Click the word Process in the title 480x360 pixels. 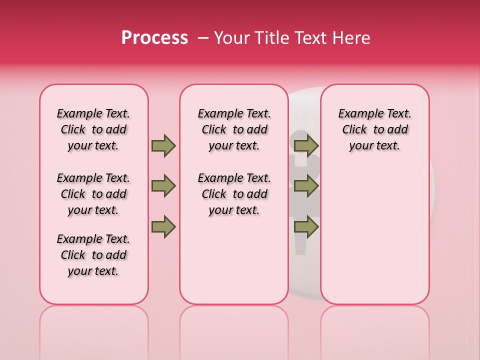[x=154, y=38]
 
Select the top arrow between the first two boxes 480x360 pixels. [x=163, y=145]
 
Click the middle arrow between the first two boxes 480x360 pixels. [x=163, y=186]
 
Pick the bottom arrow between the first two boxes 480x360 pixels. [x=163, y=226]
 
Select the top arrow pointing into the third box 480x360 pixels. [x=306, y=145]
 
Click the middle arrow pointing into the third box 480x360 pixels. [x=306, y=186]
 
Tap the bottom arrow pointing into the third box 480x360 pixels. [x=306, y=226]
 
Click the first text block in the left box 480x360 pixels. [x=93, y=129]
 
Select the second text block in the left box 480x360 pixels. [x=93, y=194]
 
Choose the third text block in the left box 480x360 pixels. [x=93, y=255]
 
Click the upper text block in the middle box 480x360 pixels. [x=234, y=129]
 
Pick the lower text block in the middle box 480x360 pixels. [x=234, y=194]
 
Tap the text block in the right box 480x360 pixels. [x=374, y=129]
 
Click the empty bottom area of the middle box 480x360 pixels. [x=234, y=265]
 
